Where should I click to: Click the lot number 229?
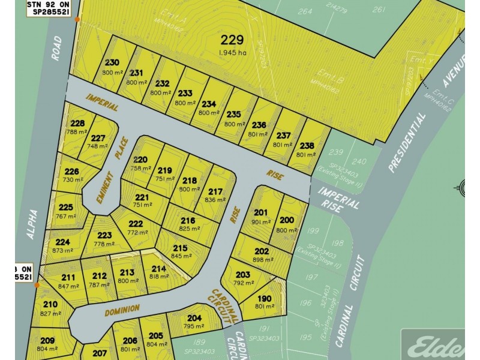(x=232, y=40)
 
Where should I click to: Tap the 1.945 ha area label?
(x=232, y=53)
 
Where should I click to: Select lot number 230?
(x=112, y=62)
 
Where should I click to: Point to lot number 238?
(x=307, y=145)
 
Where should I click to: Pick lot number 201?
(x=261, y=212)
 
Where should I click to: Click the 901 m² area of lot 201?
(x=262, y=221)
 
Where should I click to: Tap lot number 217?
(x=215, y=192)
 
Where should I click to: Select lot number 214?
(x=158, y=268)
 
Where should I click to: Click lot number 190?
(x=264, y=298)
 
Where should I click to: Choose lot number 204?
(x=194, y=318)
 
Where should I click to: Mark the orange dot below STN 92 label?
(x=77, y=20)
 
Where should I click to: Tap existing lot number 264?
(x=305, y=11)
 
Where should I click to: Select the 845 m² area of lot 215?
(x=181, y=256)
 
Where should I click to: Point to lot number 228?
(x=77, y=124)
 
